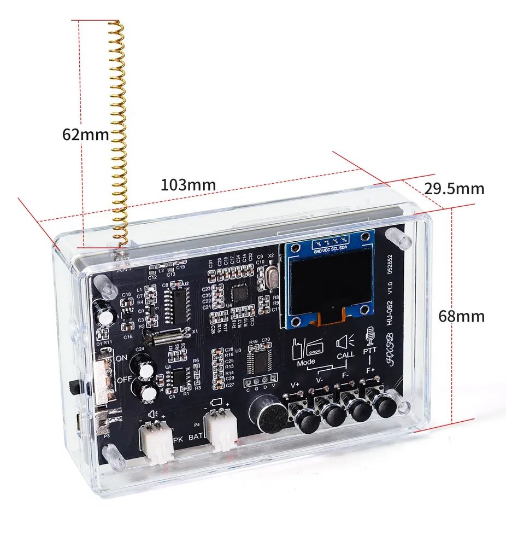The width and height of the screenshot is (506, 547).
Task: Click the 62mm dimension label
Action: [x=86, y=135]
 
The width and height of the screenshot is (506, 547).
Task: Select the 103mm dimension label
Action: [x=188, y=184]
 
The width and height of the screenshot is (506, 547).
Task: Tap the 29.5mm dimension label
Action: [x=454, y=189]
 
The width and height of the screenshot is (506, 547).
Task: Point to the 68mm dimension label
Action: [x=462, y=316]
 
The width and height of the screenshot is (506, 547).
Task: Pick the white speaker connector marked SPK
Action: [x=157, y=442]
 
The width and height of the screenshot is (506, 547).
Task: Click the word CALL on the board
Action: [x=345, y=355]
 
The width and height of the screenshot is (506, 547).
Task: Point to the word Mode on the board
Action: [x=306, y=362]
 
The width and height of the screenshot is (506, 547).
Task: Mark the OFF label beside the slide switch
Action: [x=122, y=380]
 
